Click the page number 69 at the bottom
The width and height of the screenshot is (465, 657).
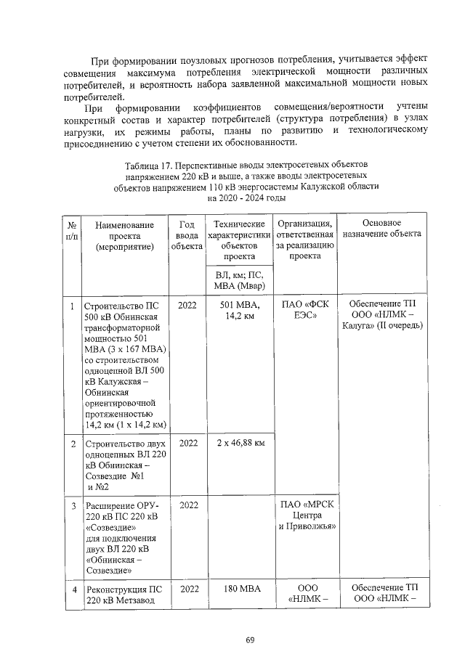[x=249, y=639]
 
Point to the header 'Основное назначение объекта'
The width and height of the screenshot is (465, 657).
[x=381, y=229]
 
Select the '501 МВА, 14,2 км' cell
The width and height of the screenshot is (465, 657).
[x=239, y=310]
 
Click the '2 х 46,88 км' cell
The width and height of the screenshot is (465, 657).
[x=239, y=442]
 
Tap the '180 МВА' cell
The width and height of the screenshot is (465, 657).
[x=239, y=587]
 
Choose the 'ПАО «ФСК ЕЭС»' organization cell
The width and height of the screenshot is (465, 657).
[x=305, y=310]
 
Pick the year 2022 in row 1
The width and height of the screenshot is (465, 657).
[x=187, y=304]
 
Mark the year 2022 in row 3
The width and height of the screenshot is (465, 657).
[x=187, y=504]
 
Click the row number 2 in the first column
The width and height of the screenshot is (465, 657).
[x=73, y=442]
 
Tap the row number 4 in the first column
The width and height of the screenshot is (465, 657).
[x=73, y=588]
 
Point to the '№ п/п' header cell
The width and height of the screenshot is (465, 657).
[x=73, y=229]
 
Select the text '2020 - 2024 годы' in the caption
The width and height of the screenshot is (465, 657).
[x=246, y=197]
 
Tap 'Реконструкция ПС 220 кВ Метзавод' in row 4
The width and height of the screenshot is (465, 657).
[x=125, y=594]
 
